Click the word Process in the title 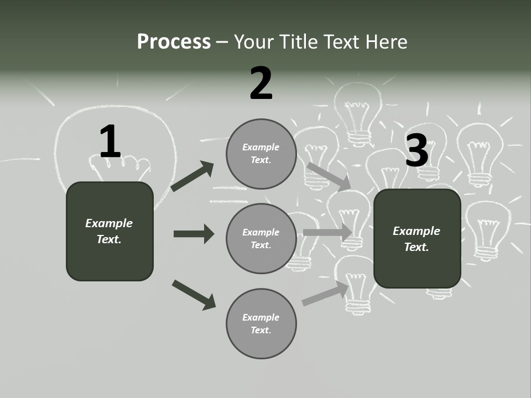(x=174, y=41)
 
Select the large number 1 (x=110, y=142)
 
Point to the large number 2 (x=261, y=83)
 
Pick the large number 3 (x=417, y=150)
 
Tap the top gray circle (x=261, y=154)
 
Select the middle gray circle (x=261, y=238)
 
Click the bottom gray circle (x=261, y=323)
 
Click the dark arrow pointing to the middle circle (x=194, y=234)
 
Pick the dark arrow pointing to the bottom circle (x=194, y=294)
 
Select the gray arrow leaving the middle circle (x=327, y=232)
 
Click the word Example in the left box (x=109, y=223)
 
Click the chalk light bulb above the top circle (x=358, y=113)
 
